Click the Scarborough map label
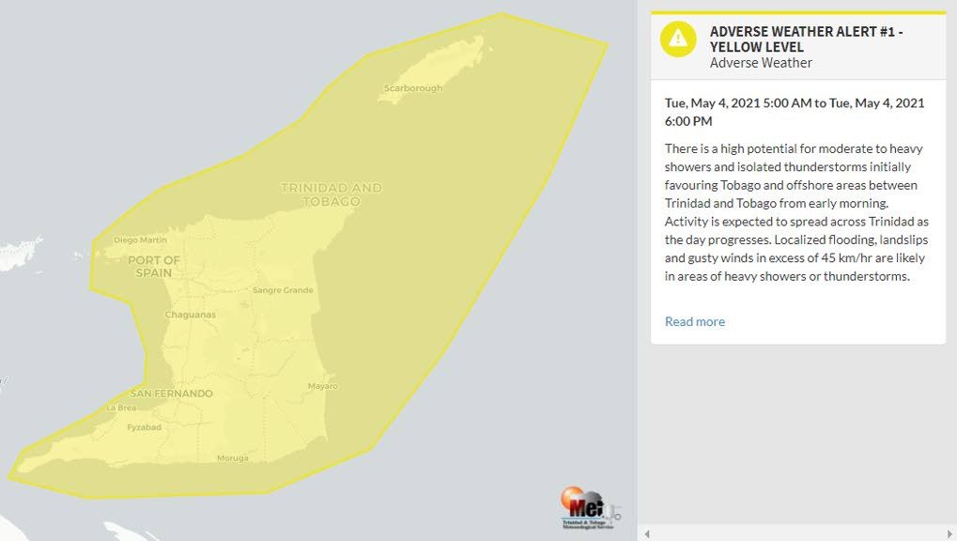pyautogui.click(x=412, y=88)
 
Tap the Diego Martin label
pyautogui.click(x=140, y=240)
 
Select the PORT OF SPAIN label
pyautogui.click(x=153, y=267)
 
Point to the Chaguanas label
pyautogui.click(x=191, y=315)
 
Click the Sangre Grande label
pyautogui.click(x=283, y=290)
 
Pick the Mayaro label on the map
pyautogui.click(x=322, y=386)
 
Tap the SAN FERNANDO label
pyautogui.click(x=171, y=394)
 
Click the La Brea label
pyautogui.click(x=120, y=408)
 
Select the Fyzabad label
pyautogui.click(x=144, y=427)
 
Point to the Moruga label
pyautogui.click(x=233, y=458)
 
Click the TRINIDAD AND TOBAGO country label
pyautogui.click(x=332, y=194)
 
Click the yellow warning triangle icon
pyautogui.click(x=678, y=39)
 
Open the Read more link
pyautogui.click(x=695, y=321)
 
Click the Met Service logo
pyautogui.click(x=591, y=510)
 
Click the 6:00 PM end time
pyautogui.click(x=688, y=121)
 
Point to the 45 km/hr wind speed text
pyautogui.click(x=840, y=258)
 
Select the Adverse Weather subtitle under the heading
pyautogui.click(x=761, y=63)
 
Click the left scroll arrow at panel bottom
pyautogui.click(x=647, y=533)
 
